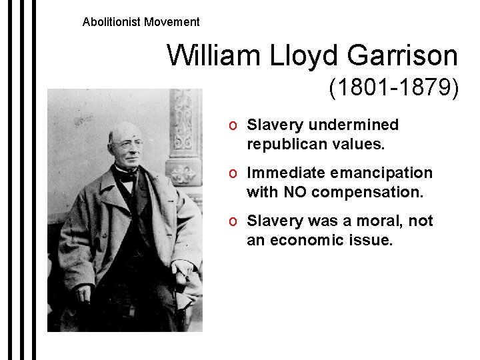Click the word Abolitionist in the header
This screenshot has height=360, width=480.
pos(109,22)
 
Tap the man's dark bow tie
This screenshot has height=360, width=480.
pos(126,175)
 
